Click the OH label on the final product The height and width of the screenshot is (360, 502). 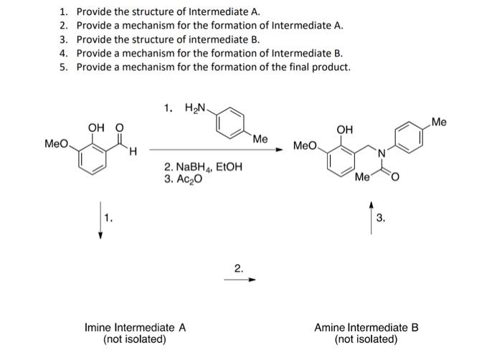coord(344,130)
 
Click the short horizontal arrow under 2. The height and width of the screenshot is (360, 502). coord(237,280)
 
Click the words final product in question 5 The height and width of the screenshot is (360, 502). coord(321,67)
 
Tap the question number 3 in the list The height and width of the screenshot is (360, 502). coord(63,39)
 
